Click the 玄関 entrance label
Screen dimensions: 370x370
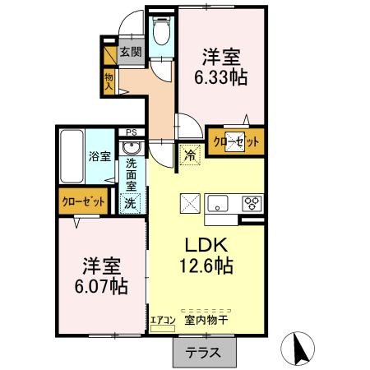(x=130, y=53)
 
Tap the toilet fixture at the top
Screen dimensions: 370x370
(x=161, y=32)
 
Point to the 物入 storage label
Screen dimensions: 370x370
(x=109, y=81)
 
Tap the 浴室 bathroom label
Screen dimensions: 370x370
(x=100, y=156)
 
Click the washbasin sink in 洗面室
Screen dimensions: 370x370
(x=130, y=149)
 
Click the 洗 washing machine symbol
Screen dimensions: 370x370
(x=130, y=202)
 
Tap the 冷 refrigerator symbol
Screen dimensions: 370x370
(x=191, y=154)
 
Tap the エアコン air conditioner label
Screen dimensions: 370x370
(x=161, y=318)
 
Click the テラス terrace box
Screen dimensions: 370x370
(x=201, y=353)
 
